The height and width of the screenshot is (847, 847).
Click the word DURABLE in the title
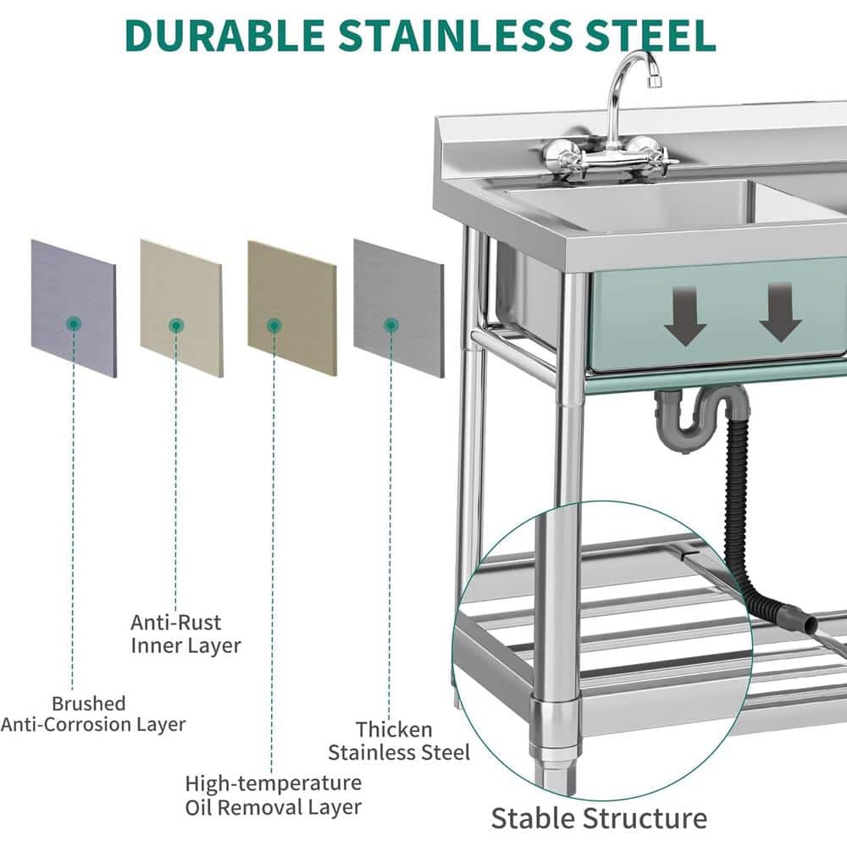tap(224, 36)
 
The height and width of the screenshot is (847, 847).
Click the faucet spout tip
tap(654, 81)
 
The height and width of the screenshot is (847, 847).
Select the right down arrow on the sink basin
tap(780, 313)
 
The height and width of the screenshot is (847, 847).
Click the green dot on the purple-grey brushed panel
tap(74, 324)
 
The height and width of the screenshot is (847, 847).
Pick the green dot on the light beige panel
tap(176, 326)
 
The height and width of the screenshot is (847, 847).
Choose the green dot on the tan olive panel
tap(274, 326)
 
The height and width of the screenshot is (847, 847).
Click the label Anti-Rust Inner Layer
tap(185, 634)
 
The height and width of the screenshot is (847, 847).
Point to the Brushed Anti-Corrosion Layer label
tap(93, 714)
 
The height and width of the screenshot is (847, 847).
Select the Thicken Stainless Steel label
tap(399, 741)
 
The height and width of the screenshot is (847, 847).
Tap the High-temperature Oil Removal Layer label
tap(274, 794)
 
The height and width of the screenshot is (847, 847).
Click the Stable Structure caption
tap(599, 818)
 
